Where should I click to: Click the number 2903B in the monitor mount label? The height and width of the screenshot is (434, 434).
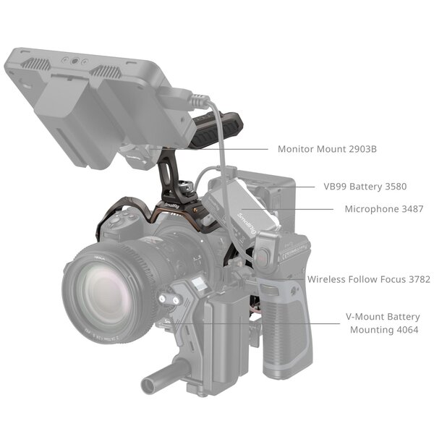tap(358, 150)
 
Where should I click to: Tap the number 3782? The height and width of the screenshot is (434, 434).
tap(416, 278)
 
